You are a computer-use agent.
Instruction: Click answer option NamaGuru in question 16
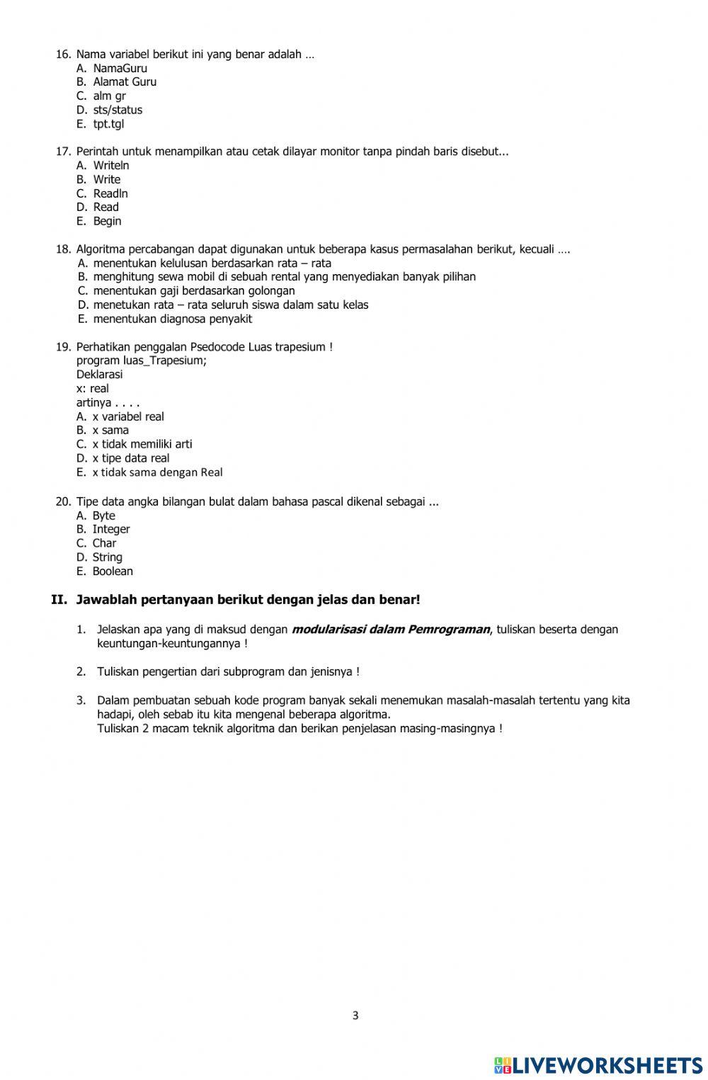(x=120, y=68)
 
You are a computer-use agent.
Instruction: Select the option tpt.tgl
(x=108, y=124)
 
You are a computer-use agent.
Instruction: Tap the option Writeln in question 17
(x=111, y=165)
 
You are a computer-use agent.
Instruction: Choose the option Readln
(x=110, y=193)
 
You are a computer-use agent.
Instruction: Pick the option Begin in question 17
(x=107, y=221)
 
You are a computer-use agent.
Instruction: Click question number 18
(x=63, y=249)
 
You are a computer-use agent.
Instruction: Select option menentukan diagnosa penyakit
(x=172, y=319)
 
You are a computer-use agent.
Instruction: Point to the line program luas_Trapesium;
(x=142, y=360)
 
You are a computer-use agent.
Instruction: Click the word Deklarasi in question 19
(x=99, y=374)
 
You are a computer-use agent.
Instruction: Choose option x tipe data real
(x=130, y=458)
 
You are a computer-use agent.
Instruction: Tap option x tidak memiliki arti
(x=142, y=444)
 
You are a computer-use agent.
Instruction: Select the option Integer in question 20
(x=110, y=529)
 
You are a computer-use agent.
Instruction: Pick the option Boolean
(x=112, y=571)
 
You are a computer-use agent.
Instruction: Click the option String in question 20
(x=107, y=557)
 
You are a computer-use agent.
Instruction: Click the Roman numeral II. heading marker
(x=59, y=600)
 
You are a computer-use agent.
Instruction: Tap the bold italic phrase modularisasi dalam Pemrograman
(x=390, y=629)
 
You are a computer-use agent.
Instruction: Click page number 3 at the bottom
(x=355, y=1015)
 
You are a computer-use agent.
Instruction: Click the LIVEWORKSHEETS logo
(x=598, y=1064)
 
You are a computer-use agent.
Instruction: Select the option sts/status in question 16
(x=118, y=110)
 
